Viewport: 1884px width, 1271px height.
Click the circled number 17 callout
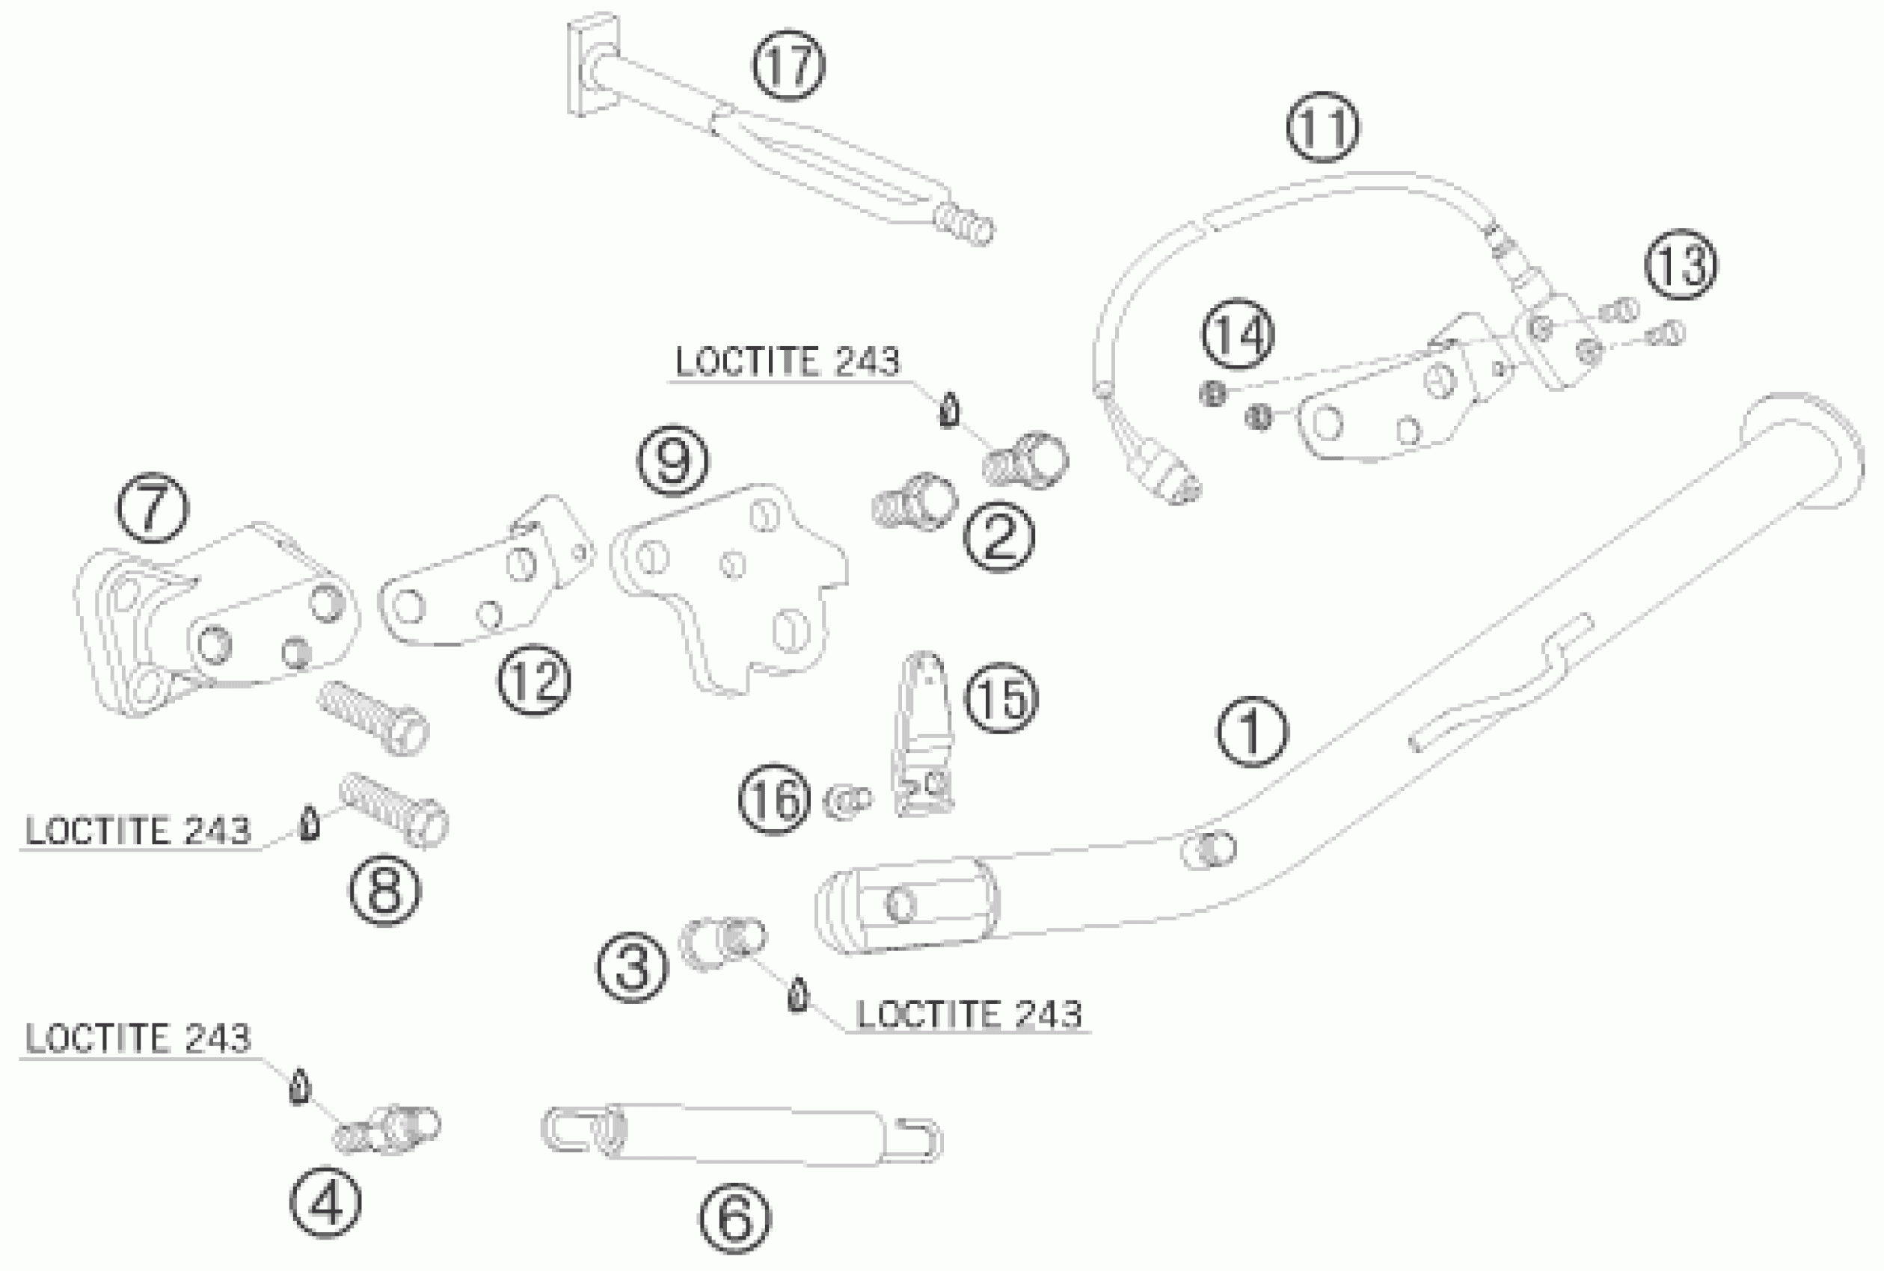[789, 66]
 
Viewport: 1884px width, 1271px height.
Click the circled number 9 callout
[673, 461]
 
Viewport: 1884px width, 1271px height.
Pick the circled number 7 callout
[153, 508]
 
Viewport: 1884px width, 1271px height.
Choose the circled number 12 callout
[534, 680]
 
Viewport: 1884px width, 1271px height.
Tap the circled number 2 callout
[998, 537]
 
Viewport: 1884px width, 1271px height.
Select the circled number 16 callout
[774, 800]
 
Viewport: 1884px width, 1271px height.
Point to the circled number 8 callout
[385, 890]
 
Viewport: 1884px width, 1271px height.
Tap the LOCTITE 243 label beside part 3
[969, 1015]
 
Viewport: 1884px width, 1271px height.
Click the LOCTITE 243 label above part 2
[787, 362]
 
